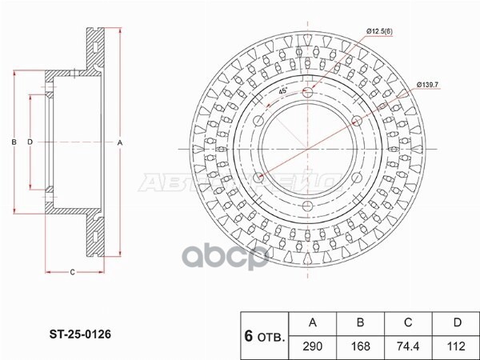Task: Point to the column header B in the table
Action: [360, 323]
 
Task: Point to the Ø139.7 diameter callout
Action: [430, 85]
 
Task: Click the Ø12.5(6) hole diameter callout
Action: [380, 31]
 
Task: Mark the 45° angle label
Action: [283, 91]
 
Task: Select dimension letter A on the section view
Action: [120, 142]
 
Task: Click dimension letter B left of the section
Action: [14, 142]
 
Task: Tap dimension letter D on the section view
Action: [30, 142]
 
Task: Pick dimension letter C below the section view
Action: [71, 273]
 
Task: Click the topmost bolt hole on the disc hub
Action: [309, 94]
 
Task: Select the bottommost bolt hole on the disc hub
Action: [309, 208]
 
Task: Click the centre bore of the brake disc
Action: [309, 151]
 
